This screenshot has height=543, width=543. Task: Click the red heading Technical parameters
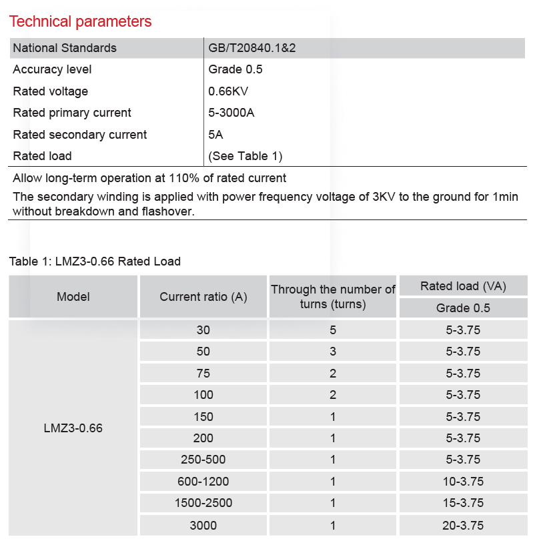(x=80, y=21)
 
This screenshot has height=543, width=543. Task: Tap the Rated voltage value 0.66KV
(x=228, y=91)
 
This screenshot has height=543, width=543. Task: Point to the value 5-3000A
(x=231, y=113)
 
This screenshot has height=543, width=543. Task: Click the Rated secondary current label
(x=80, y=135)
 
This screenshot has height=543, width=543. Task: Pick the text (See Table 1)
(x=245, y=156)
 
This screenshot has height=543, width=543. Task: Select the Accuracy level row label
(x=52, y=69)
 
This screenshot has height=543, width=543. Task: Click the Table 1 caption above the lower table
(x=95, y=261)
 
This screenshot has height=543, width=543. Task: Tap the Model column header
(x=73, y=297)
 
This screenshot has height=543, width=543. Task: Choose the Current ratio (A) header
(x=203, y=297)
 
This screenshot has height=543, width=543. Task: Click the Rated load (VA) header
(x=463, y=286)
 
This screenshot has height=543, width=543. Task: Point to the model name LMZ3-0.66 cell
(x=73, y=428)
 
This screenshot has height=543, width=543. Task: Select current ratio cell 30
(x=203, y=330)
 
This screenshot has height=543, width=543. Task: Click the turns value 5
(x=333, y=330)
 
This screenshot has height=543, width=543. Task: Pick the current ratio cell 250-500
(x=203, y=460)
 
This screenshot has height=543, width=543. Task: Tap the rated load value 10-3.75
(x=463, y=481)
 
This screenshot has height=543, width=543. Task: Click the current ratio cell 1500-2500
(x=203, y=503)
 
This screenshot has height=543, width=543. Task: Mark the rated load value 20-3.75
(x=463, y=525)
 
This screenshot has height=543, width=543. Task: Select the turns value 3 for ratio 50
(x=333, y=352)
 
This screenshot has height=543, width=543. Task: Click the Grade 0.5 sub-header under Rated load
(x=463, y=308)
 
